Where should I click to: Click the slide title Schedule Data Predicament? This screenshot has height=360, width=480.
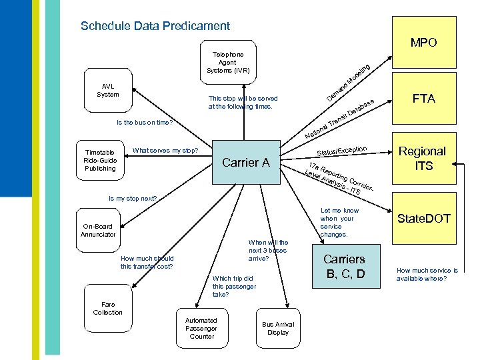click(155, 26)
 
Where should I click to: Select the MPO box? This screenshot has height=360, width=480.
click(424, 43)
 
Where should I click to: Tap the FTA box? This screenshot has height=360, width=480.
click(424, 99)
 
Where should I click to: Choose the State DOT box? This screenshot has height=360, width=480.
click(424, 219)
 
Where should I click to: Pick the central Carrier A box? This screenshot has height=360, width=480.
click(245, 162)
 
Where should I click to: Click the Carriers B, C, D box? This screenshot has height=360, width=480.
click(344, 266)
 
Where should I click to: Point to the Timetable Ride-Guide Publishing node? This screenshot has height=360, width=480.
click(100, 160)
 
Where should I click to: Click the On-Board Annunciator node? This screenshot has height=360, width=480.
click(98, 230)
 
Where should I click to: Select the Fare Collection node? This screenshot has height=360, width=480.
click(107, 308)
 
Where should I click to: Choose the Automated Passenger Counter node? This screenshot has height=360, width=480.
click(201, 328)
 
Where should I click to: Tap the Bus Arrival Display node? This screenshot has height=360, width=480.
click(277, 328)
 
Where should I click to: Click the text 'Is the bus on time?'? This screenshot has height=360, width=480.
click(145, 123)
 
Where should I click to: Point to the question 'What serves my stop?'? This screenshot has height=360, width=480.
click(167, 150)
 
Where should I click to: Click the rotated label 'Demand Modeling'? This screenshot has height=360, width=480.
click(349, 83)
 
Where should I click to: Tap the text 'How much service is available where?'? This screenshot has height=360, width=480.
click(427, 275)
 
